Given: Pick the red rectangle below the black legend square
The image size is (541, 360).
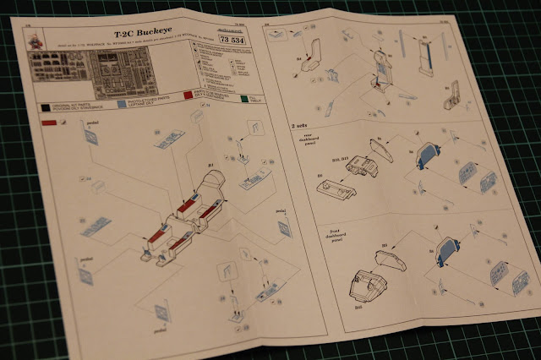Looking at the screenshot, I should tap(49, 123).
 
